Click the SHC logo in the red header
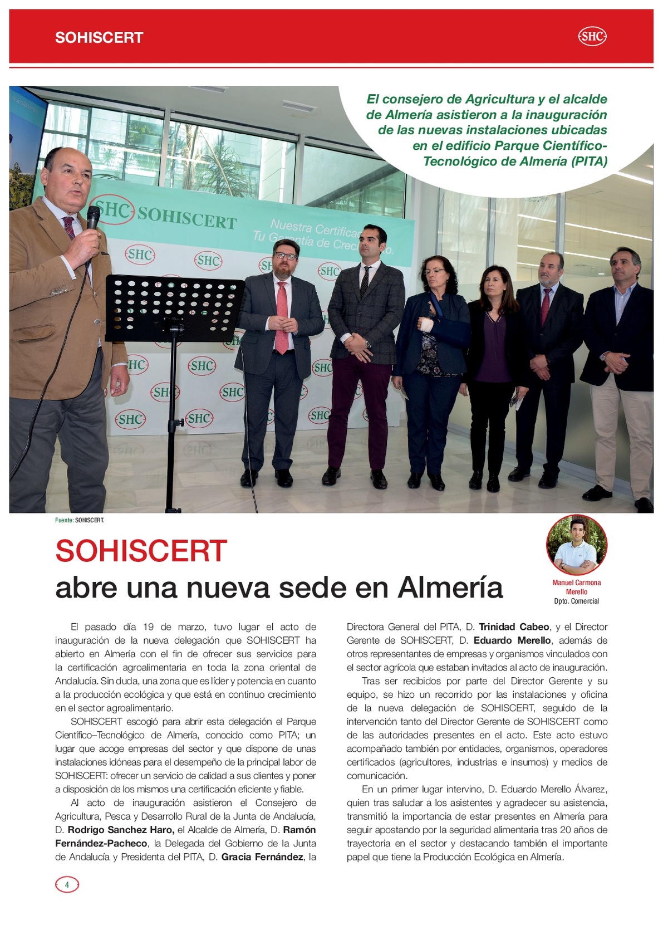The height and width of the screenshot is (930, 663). click(x=592, y=37)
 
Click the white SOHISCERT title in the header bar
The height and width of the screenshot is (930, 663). click(x=99, y=38)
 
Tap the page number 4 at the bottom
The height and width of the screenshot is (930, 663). click(x=67, y=884)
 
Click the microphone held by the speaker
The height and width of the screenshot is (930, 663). click(x=92, y=218)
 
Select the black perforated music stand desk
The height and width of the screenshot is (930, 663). click(x=174, y=307)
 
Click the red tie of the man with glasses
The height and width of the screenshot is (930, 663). click(x=282, y=317)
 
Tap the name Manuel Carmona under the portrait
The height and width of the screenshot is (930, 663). click(x=576, y=583)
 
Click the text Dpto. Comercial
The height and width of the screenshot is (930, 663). click(x=576, y=601)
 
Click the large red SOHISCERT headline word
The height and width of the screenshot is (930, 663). click(x=141, y=551)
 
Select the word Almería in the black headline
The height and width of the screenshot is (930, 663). click(x=450, y=588)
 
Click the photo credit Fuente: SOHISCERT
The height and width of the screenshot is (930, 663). click(x=80, y=520)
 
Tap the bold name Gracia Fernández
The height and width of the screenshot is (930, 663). click(x=262, y=857)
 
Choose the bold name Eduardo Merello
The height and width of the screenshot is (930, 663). click(x=512, y=640)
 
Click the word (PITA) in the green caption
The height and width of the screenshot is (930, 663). click(x=588, y=161)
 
